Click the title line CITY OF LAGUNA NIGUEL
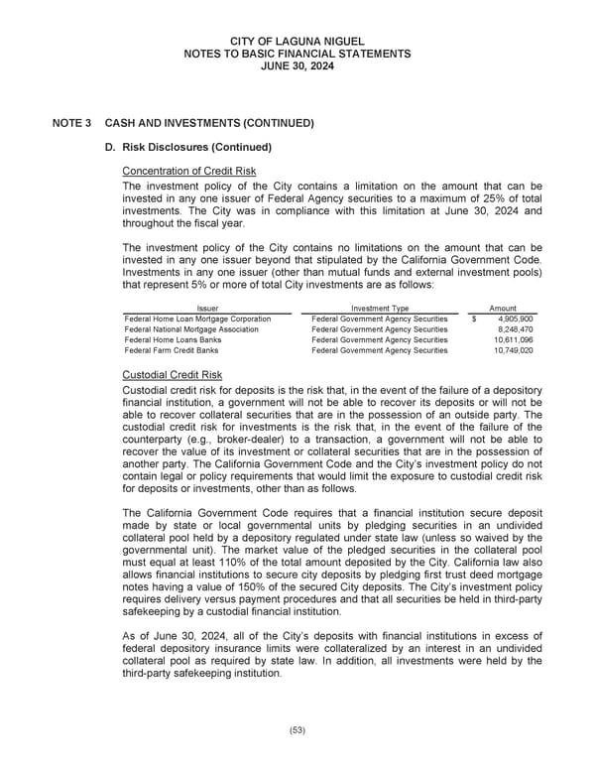pyautogui.click(x=297, y=39)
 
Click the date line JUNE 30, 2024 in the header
pyautogui.click(x=297, y=66)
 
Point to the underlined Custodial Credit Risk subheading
pyautogui.click(x=172, y=375)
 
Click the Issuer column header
pyautogui.click(x=208, y=309)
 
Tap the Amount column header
pyautogui.click(x=503, y=309)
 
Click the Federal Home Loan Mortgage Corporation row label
pyautogui.click(x=197, y=319)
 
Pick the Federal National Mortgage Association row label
pyautogui.click(x=191, y=329)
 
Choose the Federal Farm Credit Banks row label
pyautogui.click(x=172, y=350)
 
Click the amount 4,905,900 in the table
pyautogui.click(x=515, y=319)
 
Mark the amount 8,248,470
pyautogui.click(x=515, y=329)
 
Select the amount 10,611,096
pyautogui.click(x=513, y=340)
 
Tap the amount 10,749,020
pyautogui.click(x=513, y=350)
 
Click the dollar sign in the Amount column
pyautogui.click(x=474, y=319)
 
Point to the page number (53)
pyautogui.click(x=297, y=730)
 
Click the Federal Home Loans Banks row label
pyautogui.click(x=172, y=340)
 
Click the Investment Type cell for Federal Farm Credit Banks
pyautogui.click(x=379, y=350)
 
